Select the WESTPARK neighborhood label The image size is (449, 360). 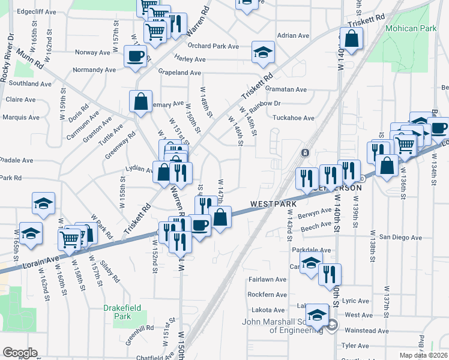pos(274,204)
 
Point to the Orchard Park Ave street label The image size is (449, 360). pos(213,46)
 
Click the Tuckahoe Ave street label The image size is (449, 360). pos(294,118)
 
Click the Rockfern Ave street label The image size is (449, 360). pos(267,295)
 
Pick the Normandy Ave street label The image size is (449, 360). pos(94,70)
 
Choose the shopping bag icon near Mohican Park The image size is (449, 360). pos(352,40)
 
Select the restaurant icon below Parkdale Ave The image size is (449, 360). pos(330,274)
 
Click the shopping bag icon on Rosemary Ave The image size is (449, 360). pos(140,102)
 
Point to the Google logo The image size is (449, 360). pos(20,353)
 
